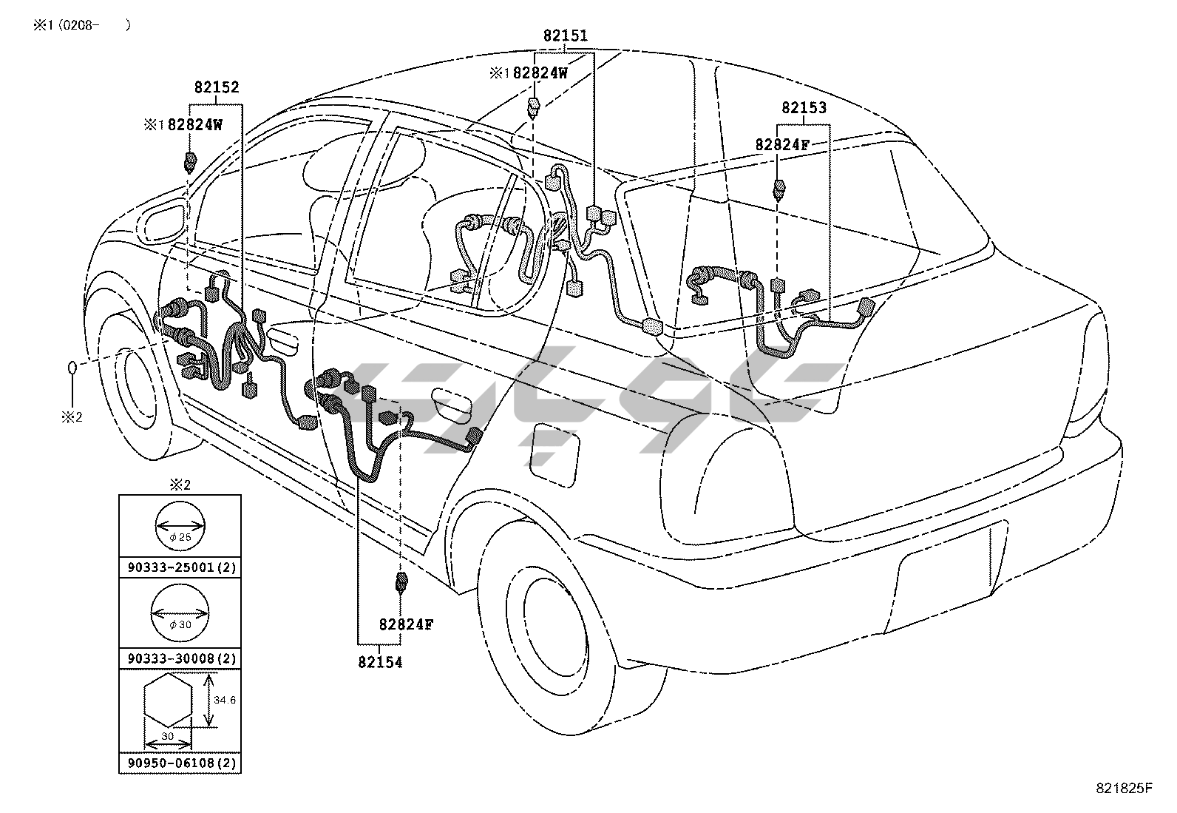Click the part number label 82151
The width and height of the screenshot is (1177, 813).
(566, 36)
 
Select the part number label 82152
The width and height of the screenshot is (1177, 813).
(217, 87)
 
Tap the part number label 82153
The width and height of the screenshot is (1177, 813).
(804, 108)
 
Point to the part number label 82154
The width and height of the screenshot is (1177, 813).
(380, 663)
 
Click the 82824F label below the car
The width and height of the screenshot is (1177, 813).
(406, 624)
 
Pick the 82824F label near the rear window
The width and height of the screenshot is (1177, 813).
(781, 145)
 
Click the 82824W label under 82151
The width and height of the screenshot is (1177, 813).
(540, 73)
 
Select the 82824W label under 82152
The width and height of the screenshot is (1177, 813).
(194, 125)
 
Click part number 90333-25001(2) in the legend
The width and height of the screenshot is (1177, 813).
(180, 568)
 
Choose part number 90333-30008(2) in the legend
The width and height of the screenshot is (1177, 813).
(180, 658)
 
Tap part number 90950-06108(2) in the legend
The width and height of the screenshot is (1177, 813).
(180, 763)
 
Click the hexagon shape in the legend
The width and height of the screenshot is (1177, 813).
(169, 701)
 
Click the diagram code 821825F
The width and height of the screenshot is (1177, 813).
(1124, 788)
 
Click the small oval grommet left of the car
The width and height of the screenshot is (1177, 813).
(72, 368)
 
